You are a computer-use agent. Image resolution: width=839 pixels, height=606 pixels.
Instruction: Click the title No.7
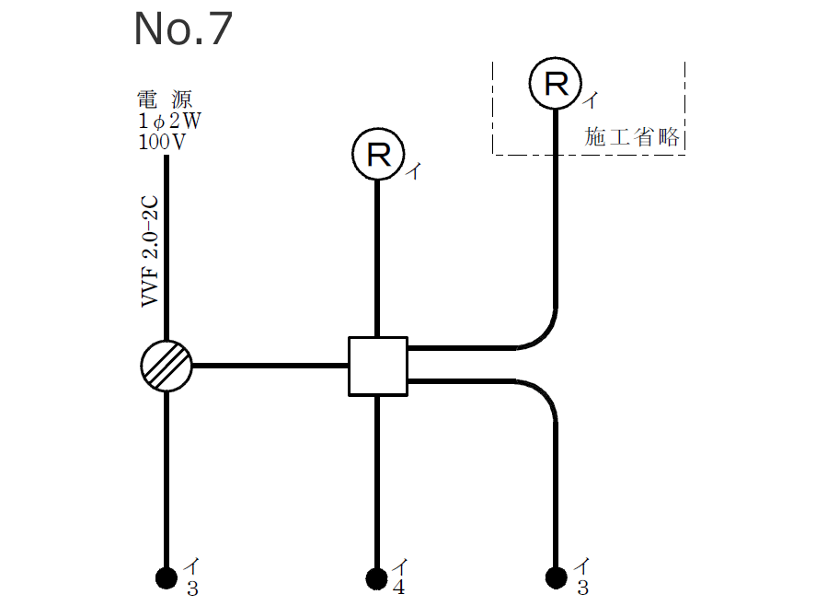pos(183,29)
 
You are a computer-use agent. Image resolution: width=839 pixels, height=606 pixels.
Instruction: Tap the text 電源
pos(165,100)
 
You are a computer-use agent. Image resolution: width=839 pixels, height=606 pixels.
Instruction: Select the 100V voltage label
pos(162,142)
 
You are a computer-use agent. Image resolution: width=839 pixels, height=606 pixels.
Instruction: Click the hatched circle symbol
pos(167,366)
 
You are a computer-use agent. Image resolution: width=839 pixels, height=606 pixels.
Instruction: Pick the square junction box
pos(377,366)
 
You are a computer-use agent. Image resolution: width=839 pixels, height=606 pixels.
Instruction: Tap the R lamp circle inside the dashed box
pos(556,84)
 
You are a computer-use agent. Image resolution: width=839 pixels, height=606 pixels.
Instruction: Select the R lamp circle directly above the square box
pos(377,154)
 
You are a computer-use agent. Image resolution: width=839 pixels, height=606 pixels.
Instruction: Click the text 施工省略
pos(632,138)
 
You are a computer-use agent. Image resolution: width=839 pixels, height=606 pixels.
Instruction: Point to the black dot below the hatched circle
pos(166,577)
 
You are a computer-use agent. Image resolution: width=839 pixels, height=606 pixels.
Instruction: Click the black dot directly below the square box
pos(376,577)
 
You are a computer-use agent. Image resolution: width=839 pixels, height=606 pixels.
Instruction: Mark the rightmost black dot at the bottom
pos(556,577)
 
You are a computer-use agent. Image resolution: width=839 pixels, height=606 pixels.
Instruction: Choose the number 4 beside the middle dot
pos(398,589)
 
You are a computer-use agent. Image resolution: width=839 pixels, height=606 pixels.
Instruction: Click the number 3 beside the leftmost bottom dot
pos(191,589)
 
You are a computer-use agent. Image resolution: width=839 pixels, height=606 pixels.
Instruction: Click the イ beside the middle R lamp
pos(413,170)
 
